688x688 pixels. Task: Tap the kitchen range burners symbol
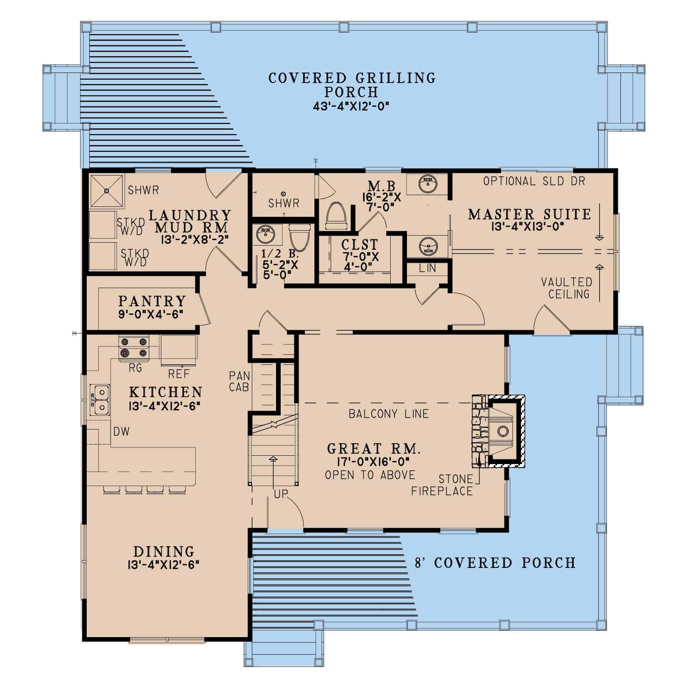click(134, 348)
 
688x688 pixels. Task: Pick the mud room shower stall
click(107, 191)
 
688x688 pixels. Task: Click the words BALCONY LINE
click(389, 414)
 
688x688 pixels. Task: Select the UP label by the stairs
click(281, 494)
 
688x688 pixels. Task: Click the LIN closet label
click(427, 268)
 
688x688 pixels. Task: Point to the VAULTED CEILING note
click(566, 288)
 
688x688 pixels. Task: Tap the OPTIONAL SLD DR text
click(534, 181)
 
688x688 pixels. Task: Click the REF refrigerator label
click(179, 374)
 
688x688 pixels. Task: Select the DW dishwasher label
click(121, 432)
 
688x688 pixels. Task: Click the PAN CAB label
click(239, 381)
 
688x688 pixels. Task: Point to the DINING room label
click(164, 552)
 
